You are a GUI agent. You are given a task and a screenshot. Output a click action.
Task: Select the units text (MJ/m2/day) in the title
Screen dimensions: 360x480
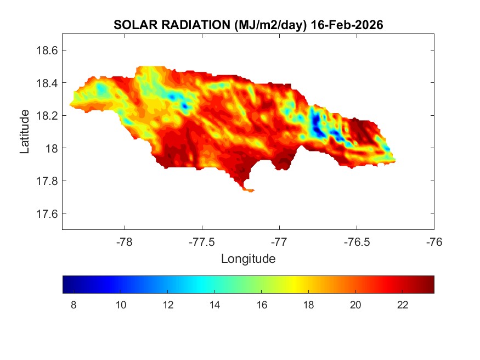coord(269,25)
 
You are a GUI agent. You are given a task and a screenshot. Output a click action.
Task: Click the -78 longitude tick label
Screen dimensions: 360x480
coord(125,241)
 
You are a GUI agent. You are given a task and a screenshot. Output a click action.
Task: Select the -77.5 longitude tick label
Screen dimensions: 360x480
coord(202,241)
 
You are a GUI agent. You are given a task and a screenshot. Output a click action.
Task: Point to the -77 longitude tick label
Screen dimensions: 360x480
coord(279,241)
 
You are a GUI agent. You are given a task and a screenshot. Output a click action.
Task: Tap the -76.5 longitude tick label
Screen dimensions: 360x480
coord(357,241)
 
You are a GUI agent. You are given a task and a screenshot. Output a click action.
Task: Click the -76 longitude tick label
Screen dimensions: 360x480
coord(434,241)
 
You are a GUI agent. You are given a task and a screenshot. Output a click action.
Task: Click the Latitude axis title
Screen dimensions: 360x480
coord(25,132)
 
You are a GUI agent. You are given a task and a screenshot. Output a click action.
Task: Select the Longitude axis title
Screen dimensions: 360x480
coord(248,258)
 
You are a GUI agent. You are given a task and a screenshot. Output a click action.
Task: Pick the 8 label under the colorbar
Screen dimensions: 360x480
coord(74,305)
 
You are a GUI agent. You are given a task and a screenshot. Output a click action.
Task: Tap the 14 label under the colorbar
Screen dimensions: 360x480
coord(215,305)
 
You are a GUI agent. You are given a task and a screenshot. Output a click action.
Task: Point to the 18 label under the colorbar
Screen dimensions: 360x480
coord(309,305)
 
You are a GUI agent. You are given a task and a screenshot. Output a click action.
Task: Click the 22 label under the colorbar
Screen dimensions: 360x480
coord(403,305)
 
